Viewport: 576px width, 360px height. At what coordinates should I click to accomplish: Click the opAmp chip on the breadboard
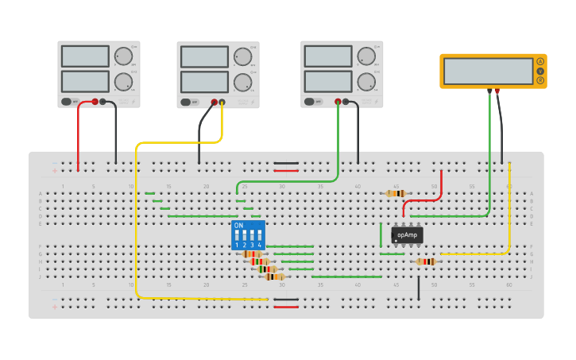pos(407,235)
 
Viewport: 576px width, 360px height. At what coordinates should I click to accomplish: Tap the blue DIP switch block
pos(248,235)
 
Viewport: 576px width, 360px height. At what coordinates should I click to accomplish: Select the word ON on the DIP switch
pos(238,226)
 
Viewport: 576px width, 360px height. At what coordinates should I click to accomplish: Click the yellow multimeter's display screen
pos(488,71)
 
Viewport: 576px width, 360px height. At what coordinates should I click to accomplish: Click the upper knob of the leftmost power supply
pos(123,56)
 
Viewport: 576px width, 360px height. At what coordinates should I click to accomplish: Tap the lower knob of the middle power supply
pos(242,82)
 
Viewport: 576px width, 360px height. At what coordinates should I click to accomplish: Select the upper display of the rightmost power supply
pos(327,56)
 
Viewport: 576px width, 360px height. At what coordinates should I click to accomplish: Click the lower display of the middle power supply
pos(204,82)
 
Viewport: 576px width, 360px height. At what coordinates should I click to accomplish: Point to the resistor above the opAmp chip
pos(395,193)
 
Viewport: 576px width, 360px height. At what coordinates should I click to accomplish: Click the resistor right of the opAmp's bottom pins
pos(426,261)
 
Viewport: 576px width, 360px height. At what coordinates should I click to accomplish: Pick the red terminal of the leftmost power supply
pos(95,102)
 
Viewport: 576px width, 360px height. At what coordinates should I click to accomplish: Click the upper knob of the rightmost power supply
pos(366,56)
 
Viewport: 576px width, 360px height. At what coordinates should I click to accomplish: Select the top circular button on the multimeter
pos(540,61)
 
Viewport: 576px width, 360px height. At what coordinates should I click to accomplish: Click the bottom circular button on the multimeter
pos(540,80)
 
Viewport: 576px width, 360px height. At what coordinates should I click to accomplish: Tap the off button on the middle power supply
pos(190,102)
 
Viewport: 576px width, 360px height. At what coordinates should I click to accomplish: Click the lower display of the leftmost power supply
pos(85,81)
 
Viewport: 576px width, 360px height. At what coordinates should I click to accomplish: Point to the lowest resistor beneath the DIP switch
pos(274,277)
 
